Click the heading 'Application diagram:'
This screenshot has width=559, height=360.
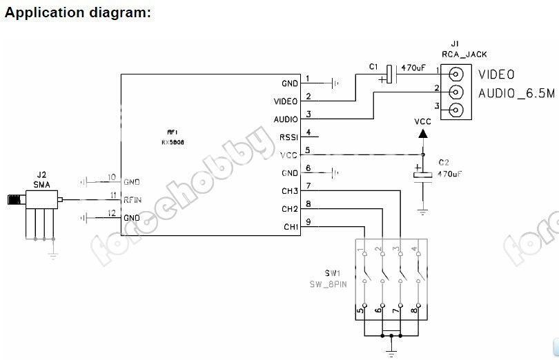pyautogui.click(x=77, y=12)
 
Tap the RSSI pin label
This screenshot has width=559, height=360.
pyautogui.click(x=288, y=137)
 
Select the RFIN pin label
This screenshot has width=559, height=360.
pyautogui.click(x=133, y=199)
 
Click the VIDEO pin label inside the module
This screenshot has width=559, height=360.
pyautogui.click(x=286, y=101)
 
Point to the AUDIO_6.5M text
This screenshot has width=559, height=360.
pyautogui.click(x=517, y=92)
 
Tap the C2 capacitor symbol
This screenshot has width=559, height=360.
pyautogui.click(x=423, y=176)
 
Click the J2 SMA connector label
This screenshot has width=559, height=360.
pyautogui.click(x=41, y=181)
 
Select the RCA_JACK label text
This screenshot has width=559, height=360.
pyautogui.click(x=455, y=53)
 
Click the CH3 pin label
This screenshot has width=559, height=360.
pyautogui.click(x=290, y=190)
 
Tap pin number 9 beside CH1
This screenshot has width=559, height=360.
pyautogui.click(x=308, y=221)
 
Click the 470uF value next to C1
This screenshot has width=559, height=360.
pyautogui.click(x=413, y=68)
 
